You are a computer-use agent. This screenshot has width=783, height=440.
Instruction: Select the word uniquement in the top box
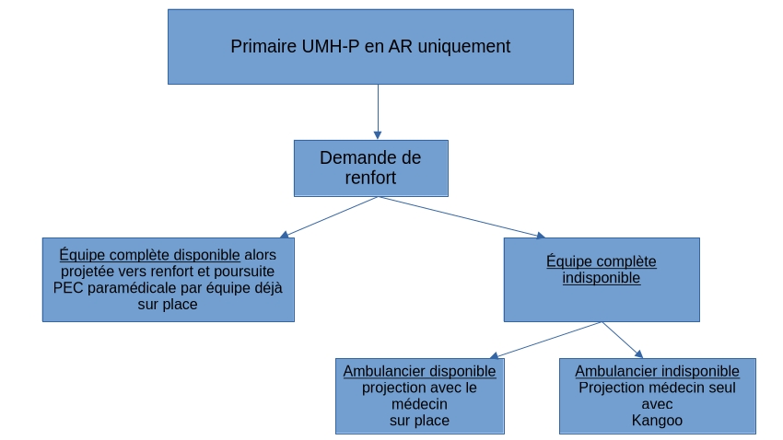[x=463, y=46]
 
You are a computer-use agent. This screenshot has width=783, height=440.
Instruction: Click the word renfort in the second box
[x=370, y=178]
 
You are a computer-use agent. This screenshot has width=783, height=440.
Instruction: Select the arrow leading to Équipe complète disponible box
[x=328, y=217]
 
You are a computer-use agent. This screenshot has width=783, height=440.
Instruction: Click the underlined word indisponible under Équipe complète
[x=602, y=278]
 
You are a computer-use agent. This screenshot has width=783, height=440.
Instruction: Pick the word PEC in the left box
[x=70, y=288]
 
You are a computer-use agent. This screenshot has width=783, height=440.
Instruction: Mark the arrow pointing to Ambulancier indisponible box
[x=624, y=340]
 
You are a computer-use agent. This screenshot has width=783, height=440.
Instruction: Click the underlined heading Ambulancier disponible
[x=419, y=371]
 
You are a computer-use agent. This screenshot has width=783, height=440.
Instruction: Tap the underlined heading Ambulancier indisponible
[x=657, y=371]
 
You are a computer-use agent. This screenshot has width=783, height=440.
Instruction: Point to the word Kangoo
[x=657, y=421]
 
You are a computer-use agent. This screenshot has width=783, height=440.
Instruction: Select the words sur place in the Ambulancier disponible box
[x=419, y=421]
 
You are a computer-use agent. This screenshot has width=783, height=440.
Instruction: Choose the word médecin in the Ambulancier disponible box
[x=419, y=404]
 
